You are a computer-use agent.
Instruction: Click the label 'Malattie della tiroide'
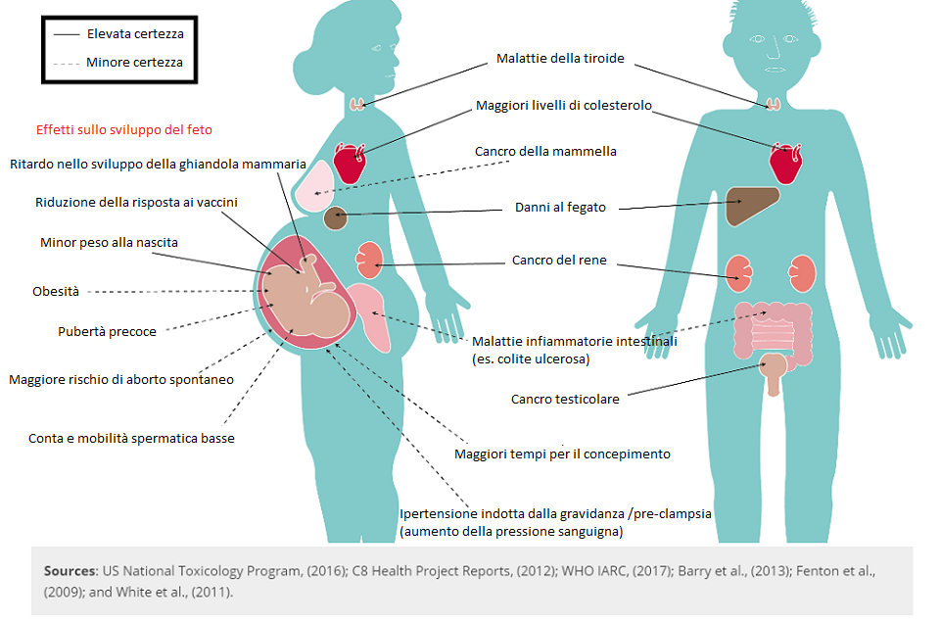click(560, 58)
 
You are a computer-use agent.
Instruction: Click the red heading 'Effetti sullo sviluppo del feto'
click(124, 129)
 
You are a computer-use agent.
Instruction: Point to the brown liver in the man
click(751, 205)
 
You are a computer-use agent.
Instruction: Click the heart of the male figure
click(786, 163)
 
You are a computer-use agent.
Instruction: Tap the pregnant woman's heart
click(349, 163)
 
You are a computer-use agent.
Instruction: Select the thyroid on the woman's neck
click(357, 104)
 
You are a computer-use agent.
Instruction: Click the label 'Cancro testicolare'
click(565, 400)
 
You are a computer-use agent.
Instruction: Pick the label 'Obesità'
click(56, 291)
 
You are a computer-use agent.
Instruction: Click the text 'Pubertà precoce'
click(107, 331)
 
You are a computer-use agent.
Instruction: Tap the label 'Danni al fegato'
click(560, 208)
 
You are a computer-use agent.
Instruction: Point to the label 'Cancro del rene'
click(559, 261)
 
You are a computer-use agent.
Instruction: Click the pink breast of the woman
click(313, 186)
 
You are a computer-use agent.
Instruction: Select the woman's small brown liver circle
click(336, 218)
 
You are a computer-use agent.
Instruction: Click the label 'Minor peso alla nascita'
click(109, 242)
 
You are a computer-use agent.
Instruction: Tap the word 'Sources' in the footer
click(70, 571)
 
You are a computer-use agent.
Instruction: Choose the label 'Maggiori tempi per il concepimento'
click(562, 454)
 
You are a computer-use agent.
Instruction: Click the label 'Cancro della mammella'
click(545, 151)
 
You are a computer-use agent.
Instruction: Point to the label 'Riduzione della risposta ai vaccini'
click(136, 202)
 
